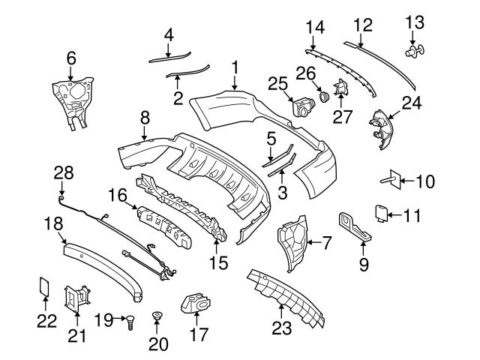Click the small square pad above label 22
click(44, 286)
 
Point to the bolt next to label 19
click(132, 321)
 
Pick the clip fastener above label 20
click(157, 315)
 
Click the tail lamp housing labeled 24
click(382, 127)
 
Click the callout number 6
click(71, 56)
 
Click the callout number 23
click(281, 328)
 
